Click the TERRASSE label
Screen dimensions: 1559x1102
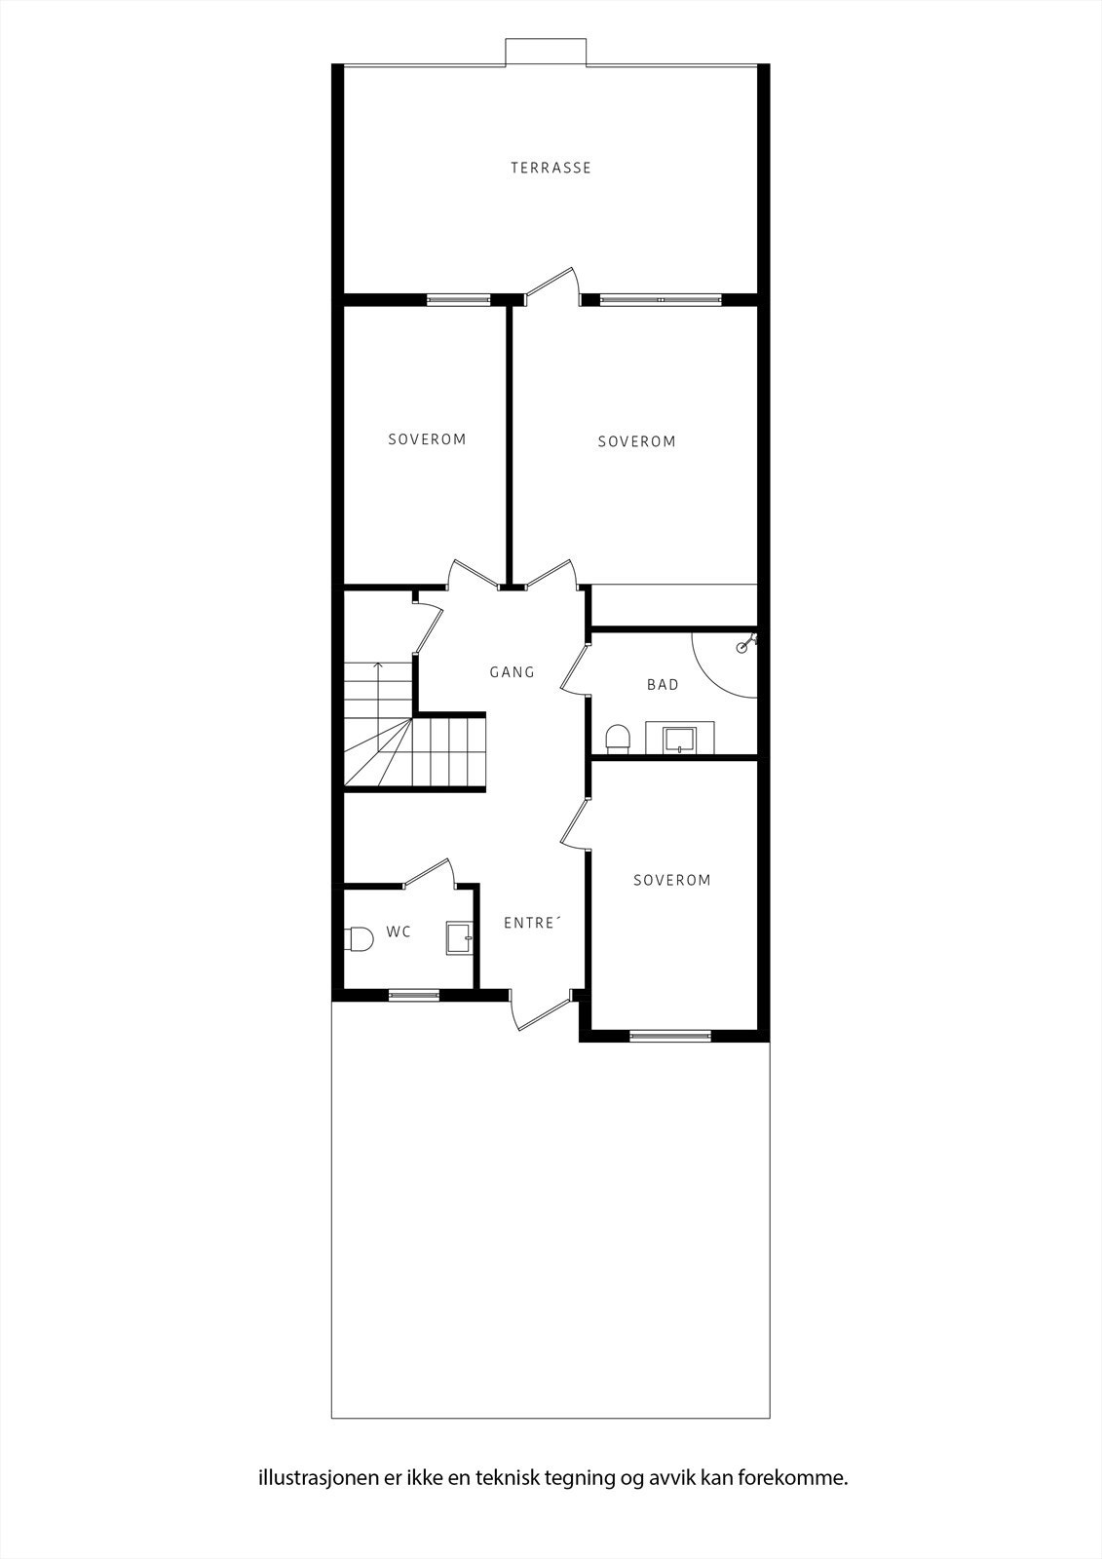[551, 168]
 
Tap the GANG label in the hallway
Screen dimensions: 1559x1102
[512, 671]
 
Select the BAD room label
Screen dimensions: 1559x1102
[663, 685]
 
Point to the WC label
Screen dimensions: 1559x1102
[399, 932]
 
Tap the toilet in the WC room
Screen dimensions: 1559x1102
[359, 938]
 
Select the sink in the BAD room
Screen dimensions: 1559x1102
[679, 739]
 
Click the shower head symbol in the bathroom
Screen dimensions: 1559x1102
[747, 642]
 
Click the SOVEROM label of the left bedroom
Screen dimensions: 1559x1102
[427, 439]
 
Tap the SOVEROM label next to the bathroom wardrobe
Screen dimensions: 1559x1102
[636, 441]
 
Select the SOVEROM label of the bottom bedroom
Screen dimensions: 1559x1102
[671, 880]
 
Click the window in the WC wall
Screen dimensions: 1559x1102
[413, 995]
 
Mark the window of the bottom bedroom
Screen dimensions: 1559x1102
[670, 1036]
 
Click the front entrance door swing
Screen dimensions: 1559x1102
[539, 1011]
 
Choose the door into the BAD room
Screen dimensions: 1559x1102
[575, 668]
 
